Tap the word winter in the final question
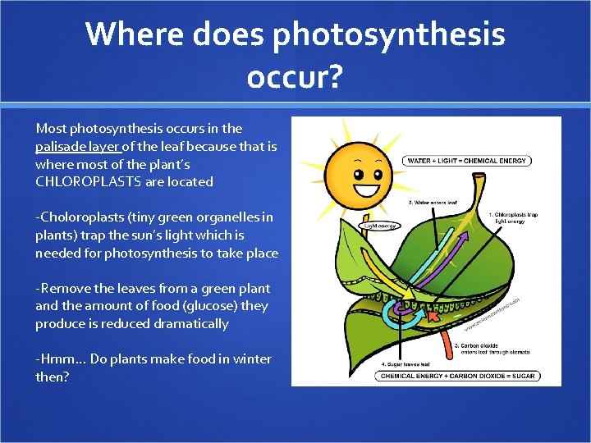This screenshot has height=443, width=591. pos(251,359)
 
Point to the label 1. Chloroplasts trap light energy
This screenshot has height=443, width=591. pos(513,218)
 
